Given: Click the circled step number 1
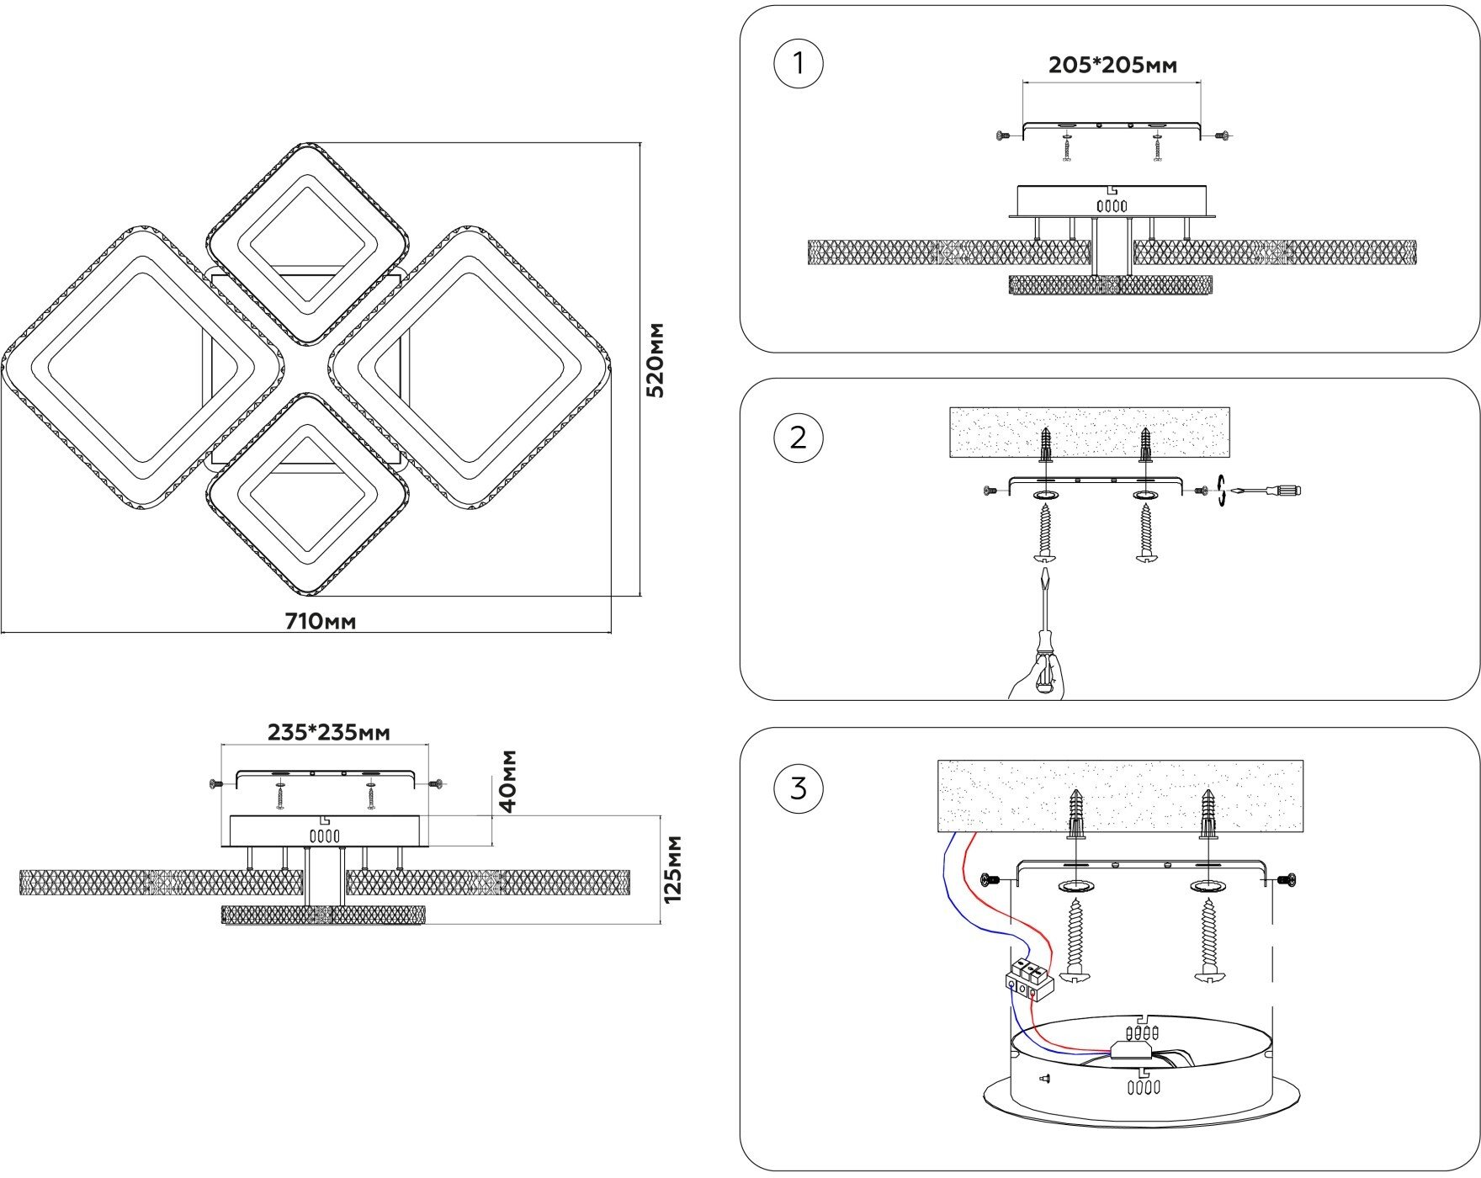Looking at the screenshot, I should (x=798, y=63).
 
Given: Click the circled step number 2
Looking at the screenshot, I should (x=798, y=438).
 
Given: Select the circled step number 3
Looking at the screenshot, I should (x=798, y=788).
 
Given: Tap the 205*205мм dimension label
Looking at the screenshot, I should (x=1112, y=66).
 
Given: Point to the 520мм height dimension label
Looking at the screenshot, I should (x=656, y=359).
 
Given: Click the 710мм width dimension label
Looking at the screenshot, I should (x=321, y=622).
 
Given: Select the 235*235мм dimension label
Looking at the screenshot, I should (x=329, y=733).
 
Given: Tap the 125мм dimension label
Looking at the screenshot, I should (x=673, y=869).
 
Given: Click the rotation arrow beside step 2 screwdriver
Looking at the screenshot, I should (x=1222, y=491).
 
